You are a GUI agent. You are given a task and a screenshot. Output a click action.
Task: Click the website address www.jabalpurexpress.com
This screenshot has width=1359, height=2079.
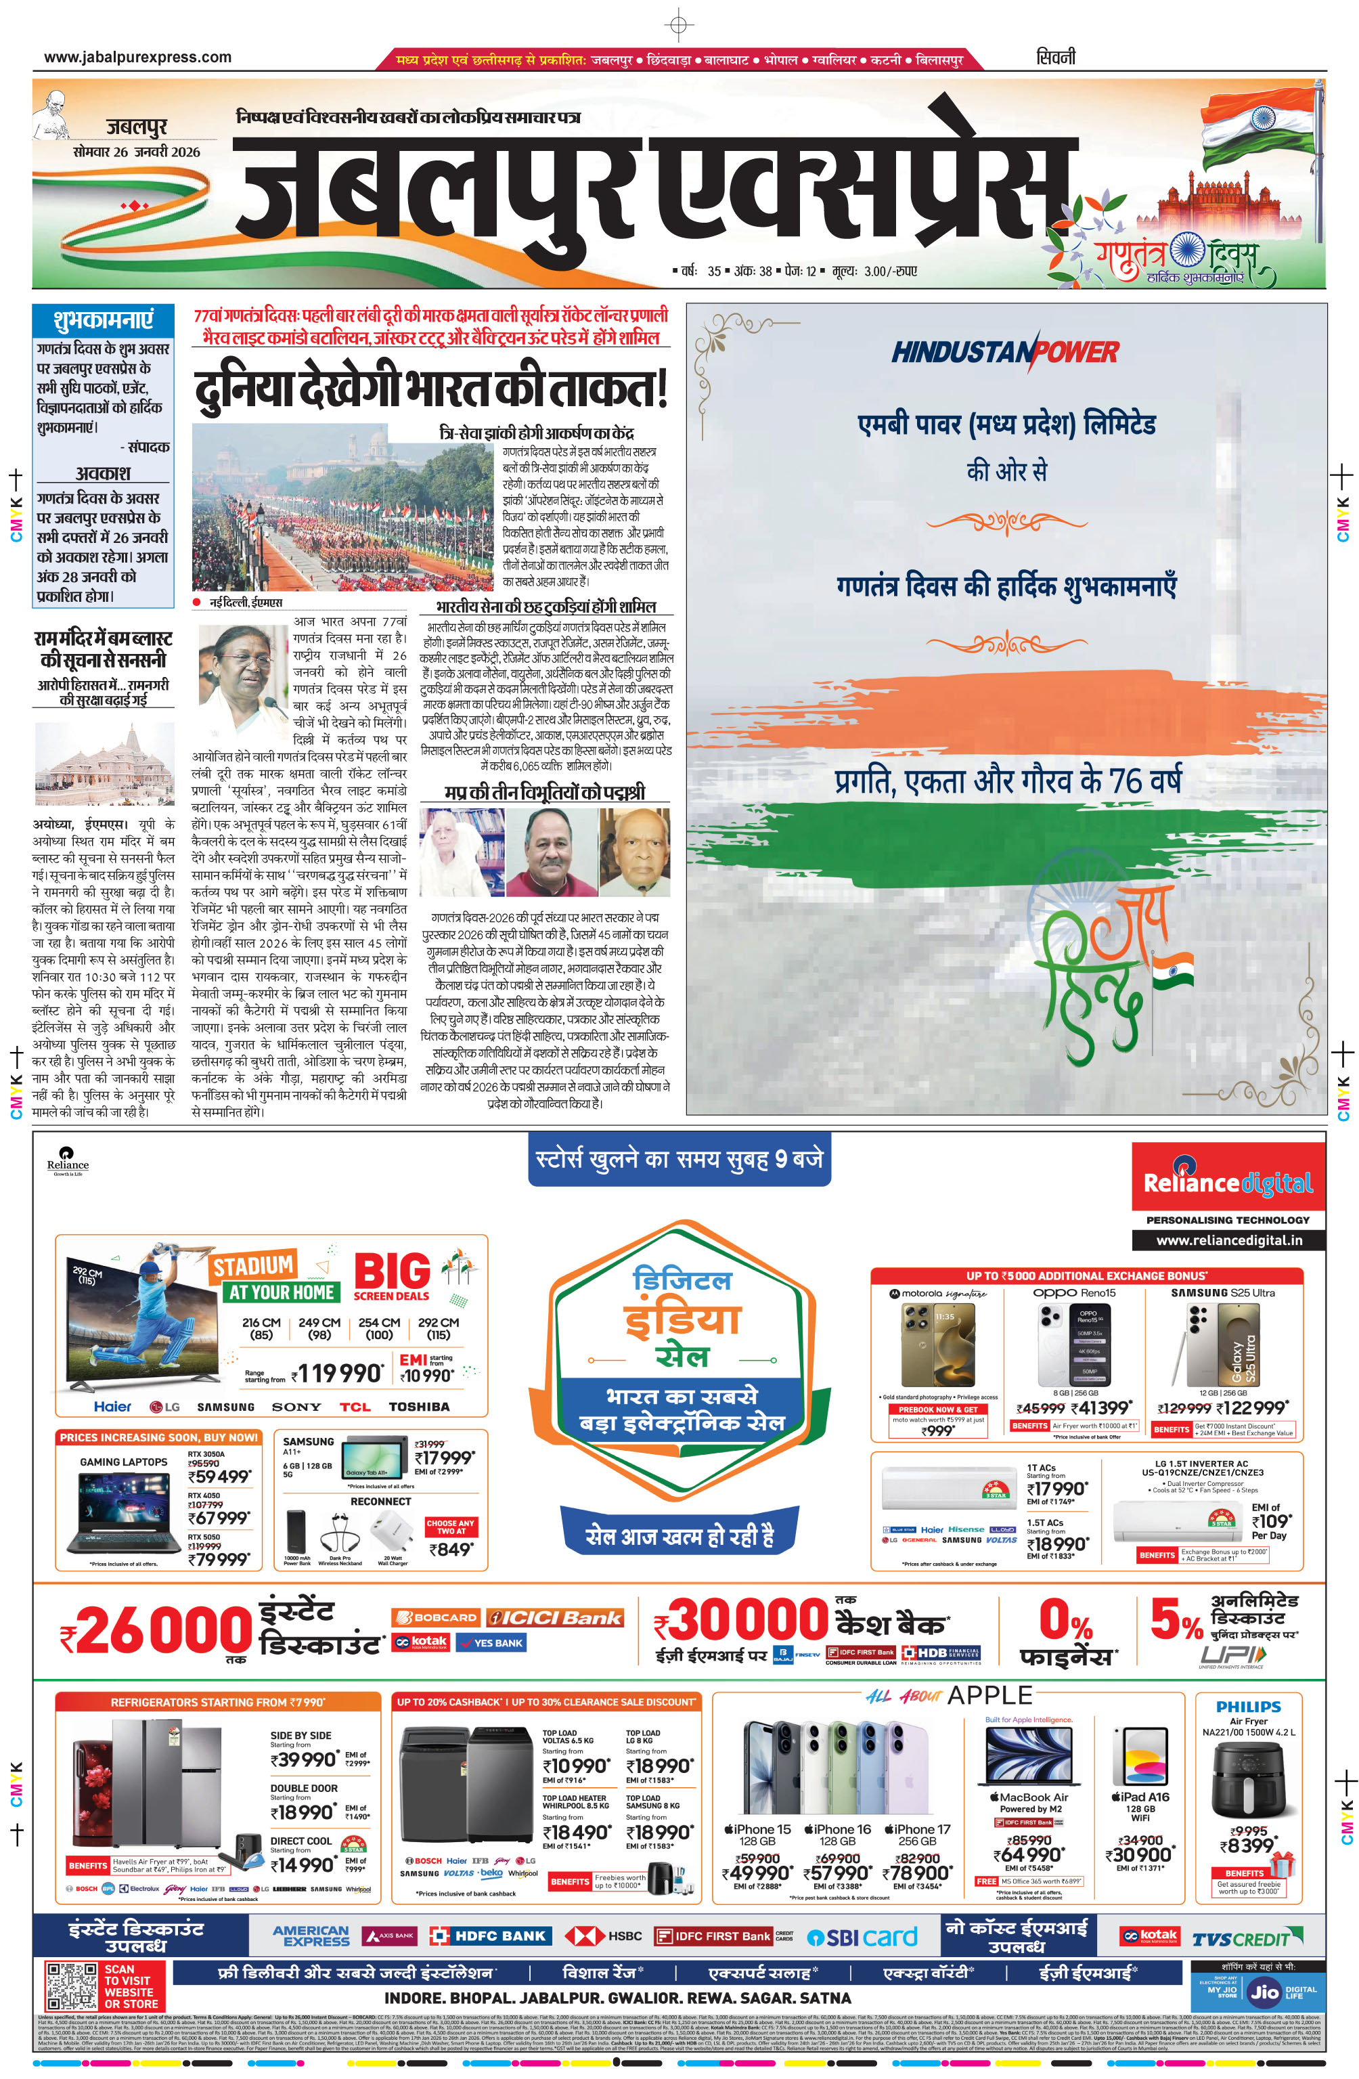coord(138,58)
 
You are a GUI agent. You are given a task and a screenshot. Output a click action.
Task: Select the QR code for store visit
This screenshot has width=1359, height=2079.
coord(71,1986)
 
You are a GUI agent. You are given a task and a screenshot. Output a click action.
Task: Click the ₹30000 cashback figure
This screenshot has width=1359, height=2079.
coord(740,1619)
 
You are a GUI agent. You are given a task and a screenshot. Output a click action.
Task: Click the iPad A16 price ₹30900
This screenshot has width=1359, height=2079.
coord(1139,1854)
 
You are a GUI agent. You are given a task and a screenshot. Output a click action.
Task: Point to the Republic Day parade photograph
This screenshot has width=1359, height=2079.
coord(342,508)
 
